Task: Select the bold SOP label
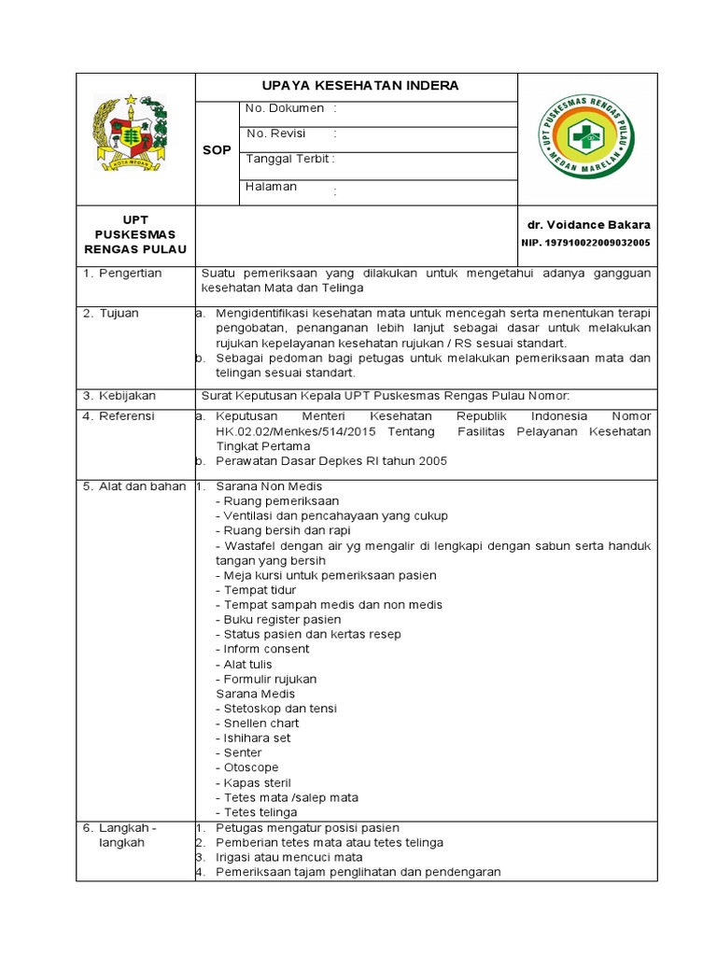pyautogui.click(x=217, y=150)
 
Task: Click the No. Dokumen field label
pyautogui.click(x=284, y=109)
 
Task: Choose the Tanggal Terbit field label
pyautogui.click(x=288, y=160)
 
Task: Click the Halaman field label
pyautogui.click(x=271, y=187)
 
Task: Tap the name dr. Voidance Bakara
pyautogui.click(x=588, y=225)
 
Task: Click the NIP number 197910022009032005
pyautogui.click(x=585, y=243)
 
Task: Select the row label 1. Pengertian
pyautogui.click(x=123, y=274)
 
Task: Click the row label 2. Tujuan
pyautogui.click(x=111, y=314)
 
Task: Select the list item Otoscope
pyautogui.click(x=251, y=768)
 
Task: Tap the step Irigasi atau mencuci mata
pyautogui.click(x=289, y=858)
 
